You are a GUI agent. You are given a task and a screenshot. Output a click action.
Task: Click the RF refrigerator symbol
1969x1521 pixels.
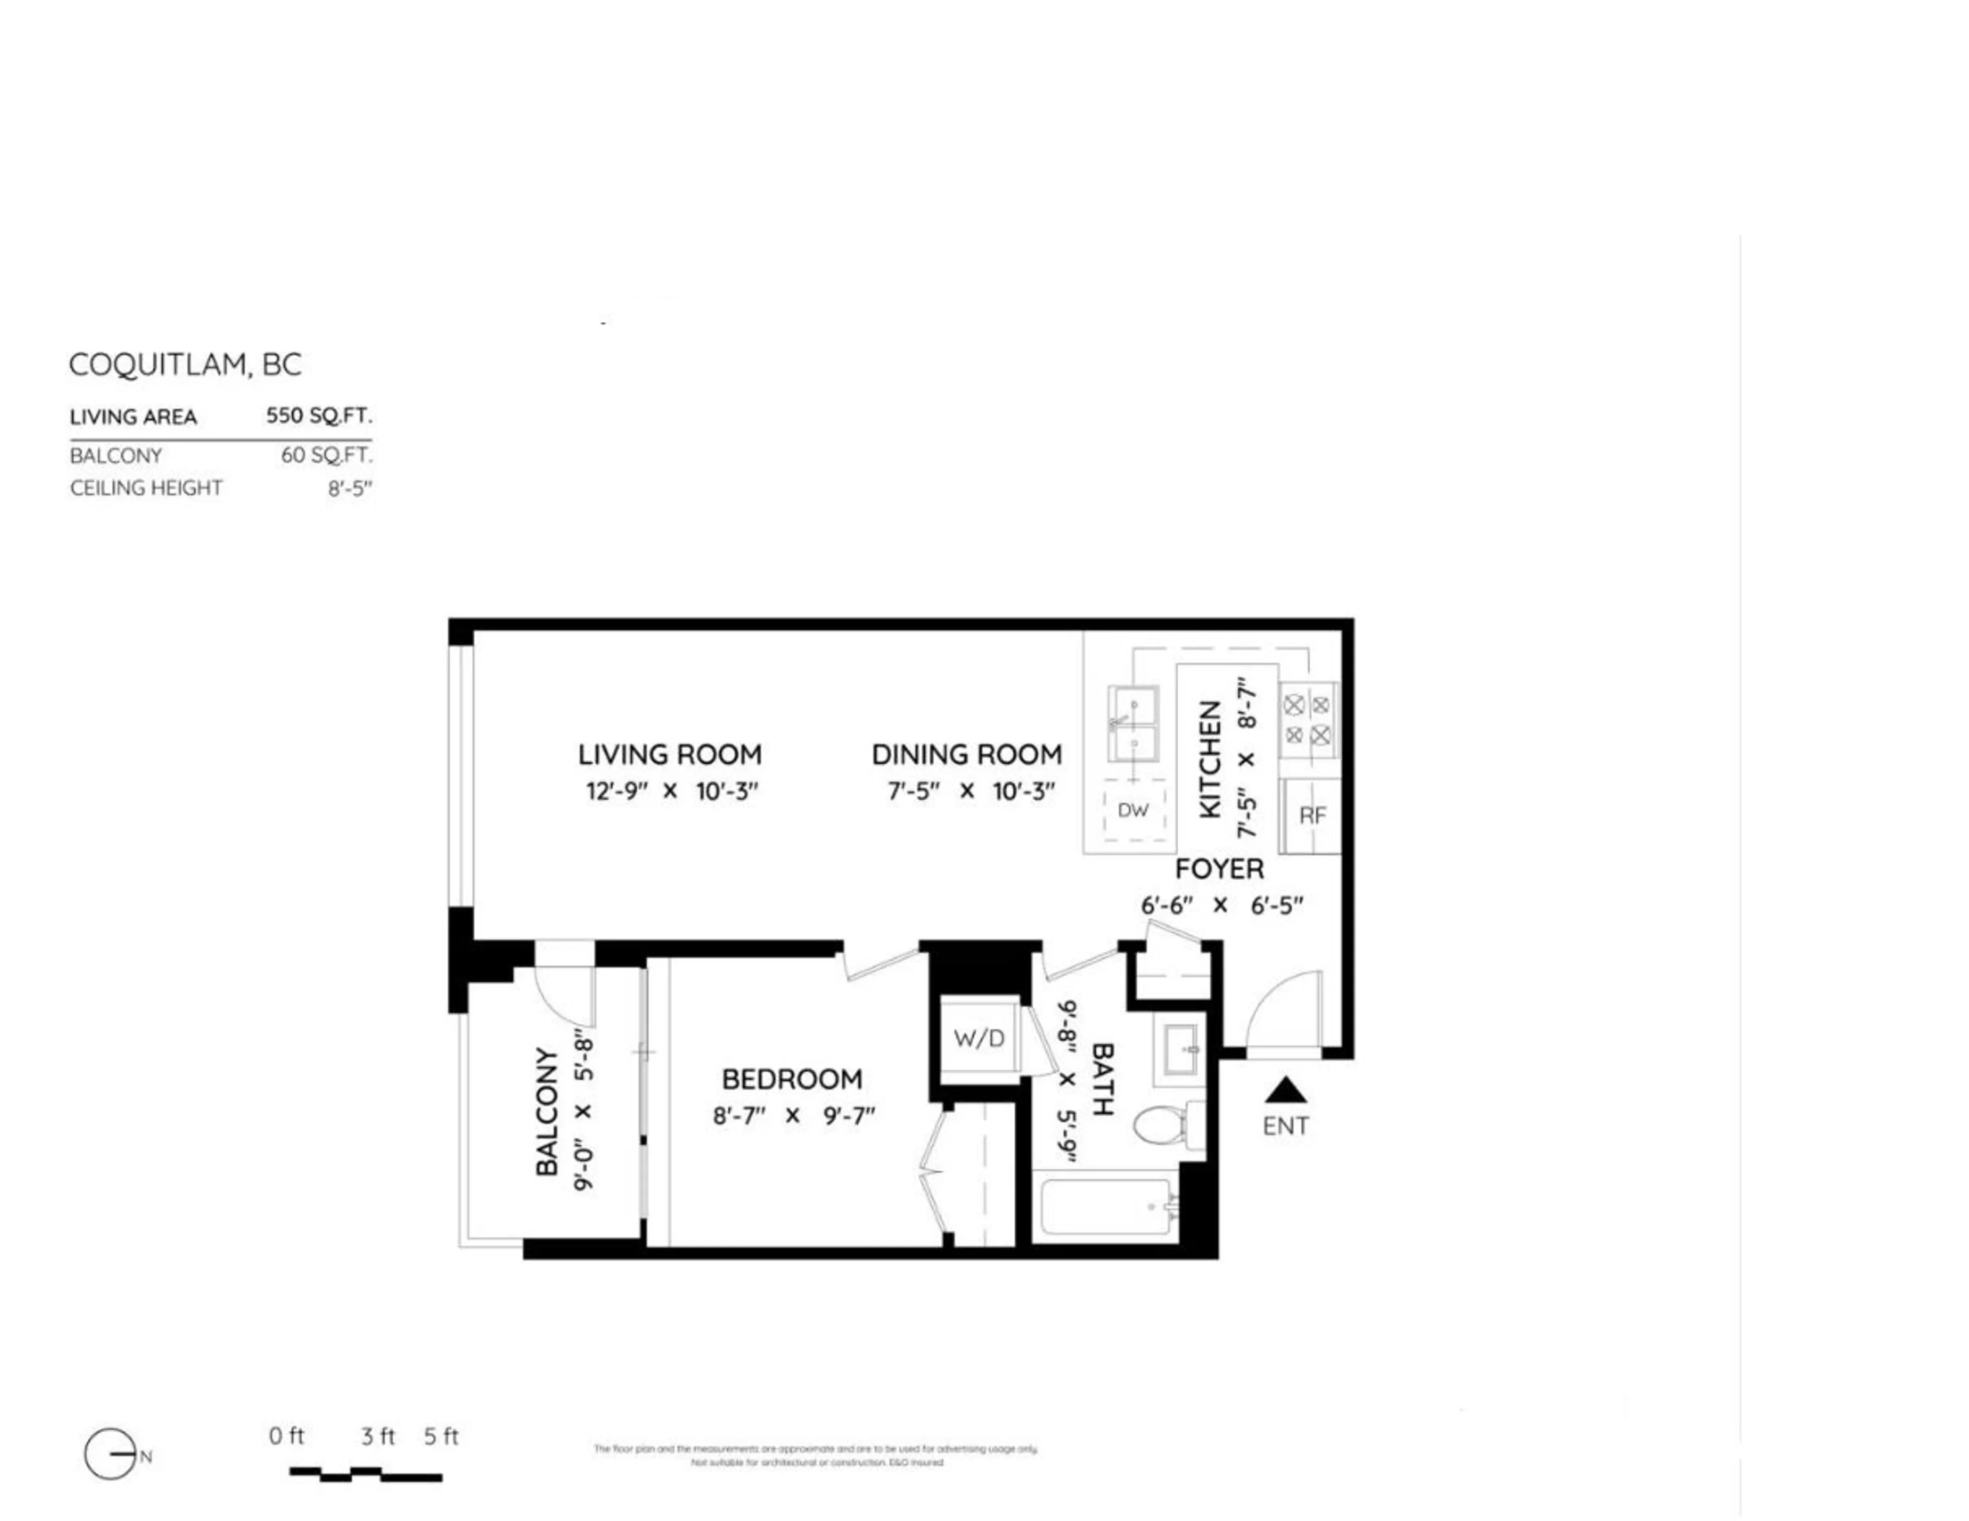click(1312, 815)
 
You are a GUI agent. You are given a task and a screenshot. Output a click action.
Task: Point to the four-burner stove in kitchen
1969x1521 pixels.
click(1307, 719)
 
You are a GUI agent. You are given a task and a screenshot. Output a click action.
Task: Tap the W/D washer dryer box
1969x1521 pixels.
click(978, 1039)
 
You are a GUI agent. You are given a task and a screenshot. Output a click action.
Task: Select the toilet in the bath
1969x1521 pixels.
click(1163, 1125)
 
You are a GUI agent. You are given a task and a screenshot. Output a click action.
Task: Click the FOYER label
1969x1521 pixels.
click(1219, 868)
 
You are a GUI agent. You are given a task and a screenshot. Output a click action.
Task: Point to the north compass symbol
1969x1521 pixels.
click(111, 1454)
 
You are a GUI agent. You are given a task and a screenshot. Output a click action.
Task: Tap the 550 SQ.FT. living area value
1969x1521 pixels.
click(318, 416)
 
